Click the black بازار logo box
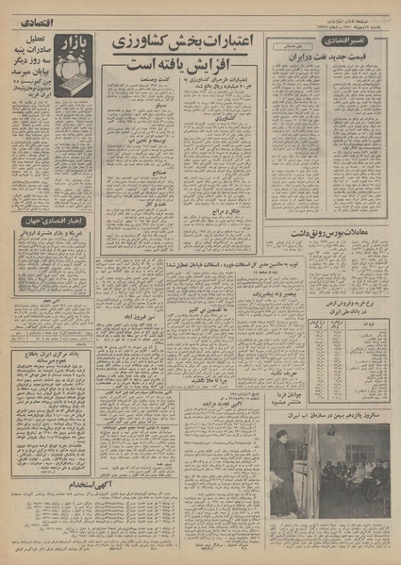(x=76, y=43)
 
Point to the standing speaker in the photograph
(x=282, y=477)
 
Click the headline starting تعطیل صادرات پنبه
(x=34, y=52)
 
